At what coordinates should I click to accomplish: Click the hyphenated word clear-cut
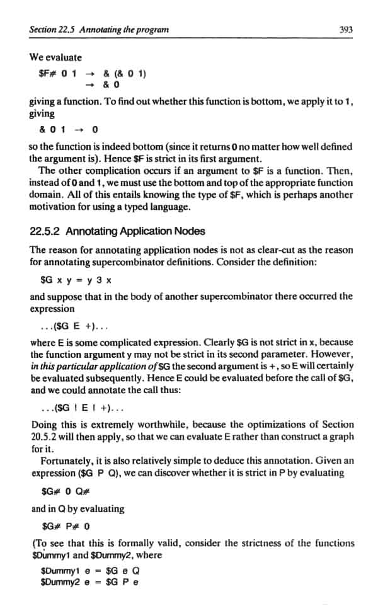pyautogui.click(x=260, y=250)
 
